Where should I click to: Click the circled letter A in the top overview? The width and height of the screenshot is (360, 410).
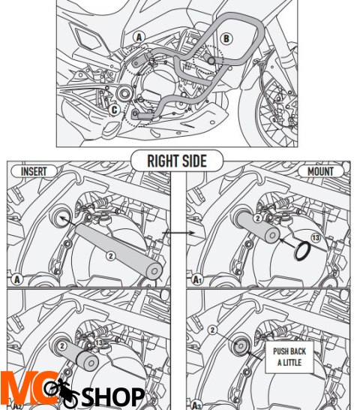[139, 36]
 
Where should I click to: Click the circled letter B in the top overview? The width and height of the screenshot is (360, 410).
[226, 38]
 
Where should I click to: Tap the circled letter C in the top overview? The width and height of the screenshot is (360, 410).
[113, 110]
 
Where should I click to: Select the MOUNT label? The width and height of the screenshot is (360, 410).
[320, 172]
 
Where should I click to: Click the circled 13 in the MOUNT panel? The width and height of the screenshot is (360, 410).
[315, 238]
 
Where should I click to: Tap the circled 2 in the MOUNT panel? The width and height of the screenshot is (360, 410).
[256, 219]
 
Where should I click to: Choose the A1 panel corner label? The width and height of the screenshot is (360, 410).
[197, 279]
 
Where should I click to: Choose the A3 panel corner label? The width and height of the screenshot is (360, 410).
[197, 403]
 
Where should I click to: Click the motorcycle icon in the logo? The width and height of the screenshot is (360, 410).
[59, 392]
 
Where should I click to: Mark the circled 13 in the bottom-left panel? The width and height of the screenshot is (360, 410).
[98, 342]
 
